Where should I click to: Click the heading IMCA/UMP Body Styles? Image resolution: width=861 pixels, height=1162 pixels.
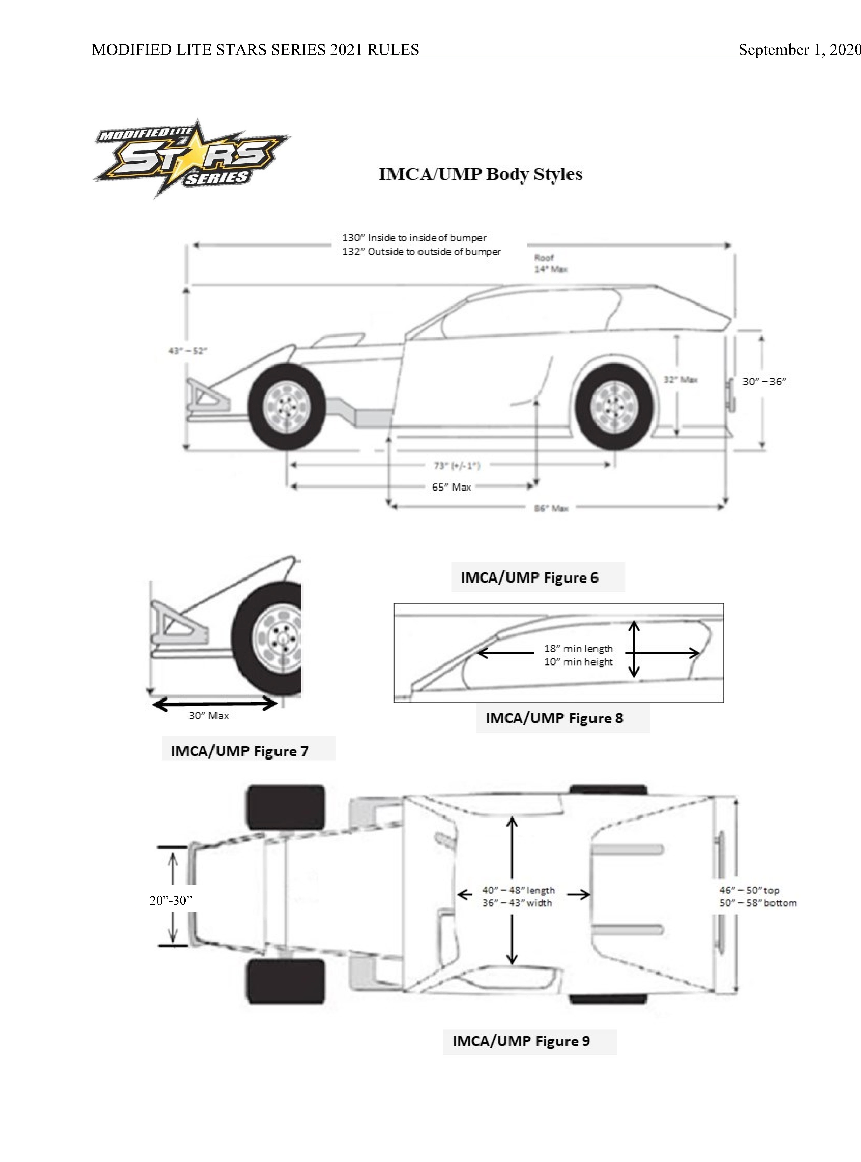pos(480,174)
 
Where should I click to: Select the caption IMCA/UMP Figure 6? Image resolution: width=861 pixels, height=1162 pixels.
pos(529,577)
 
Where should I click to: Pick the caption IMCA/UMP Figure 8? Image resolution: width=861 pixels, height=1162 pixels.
pos(554,718)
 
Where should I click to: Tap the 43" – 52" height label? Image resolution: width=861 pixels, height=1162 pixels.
pos(188,351)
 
